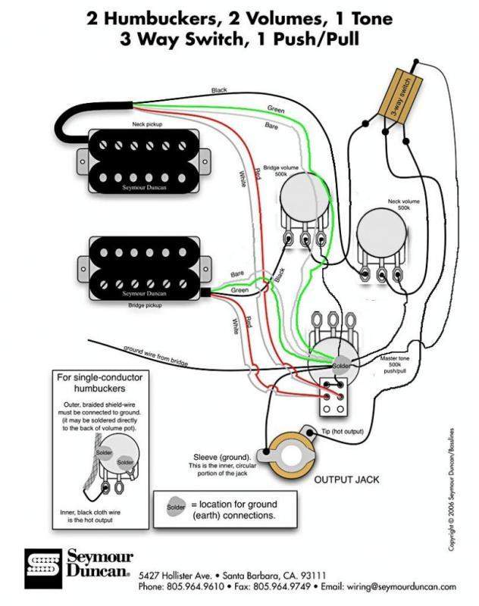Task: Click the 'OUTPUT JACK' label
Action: point(347,479)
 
